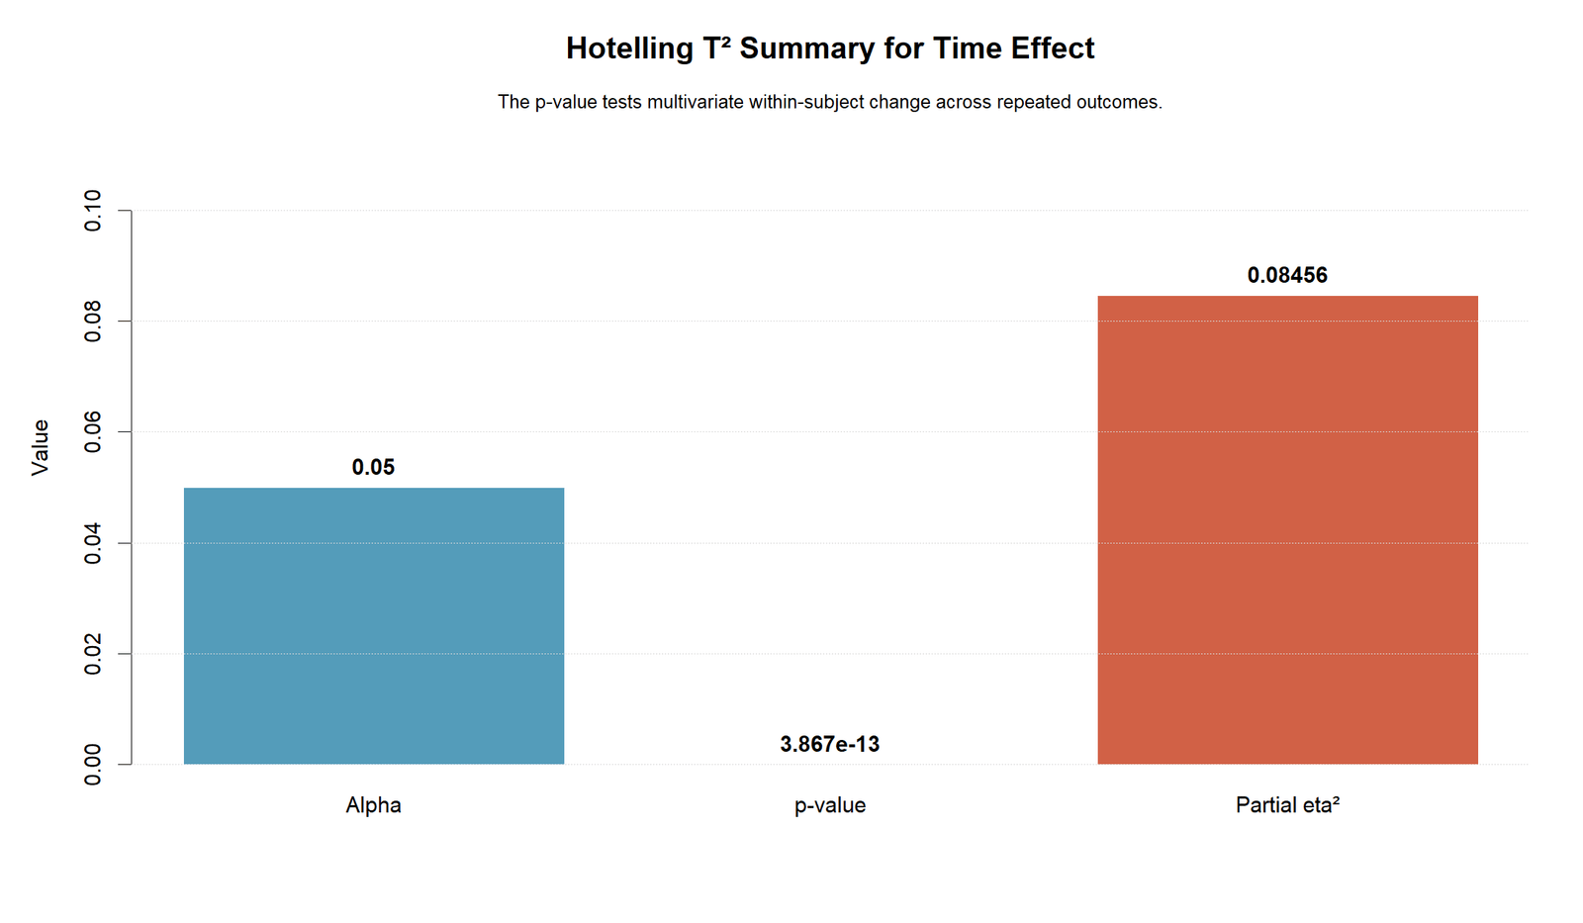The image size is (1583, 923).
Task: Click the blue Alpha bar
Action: click(374, 625)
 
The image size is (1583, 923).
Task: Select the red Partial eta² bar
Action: click(1287, 530)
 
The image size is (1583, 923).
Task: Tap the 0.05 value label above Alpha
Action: click(373, 467)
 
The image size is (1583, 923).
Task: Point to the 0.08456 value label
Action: click(1287, 275)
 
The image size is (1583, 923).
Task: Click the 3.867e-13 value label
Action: click(830, 744)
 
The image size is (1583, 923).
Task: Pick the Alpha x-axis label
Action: click(373, 805)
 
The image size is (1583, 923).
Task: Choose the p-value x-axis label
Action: click(830, 805)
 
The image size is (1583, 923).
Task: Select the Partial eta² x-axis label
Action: click(1287, 805)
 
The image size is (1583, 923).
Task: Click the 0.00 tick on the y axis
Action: click(93, 765)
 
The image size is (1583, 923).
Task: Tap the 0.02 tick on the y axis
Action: click(93, 654)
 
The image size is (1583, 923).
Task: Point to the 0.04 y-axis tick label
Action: click(93, 543)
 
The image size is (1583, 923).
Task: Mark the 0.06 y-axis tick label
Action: click(93, 431)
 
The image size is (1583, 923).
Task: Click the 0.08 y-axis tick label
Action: click(93, 321)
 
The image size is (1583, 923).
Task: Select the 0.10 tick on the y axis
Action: click(93, 211)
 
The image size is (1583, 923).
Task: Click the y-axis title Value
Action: click(41, 447)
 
